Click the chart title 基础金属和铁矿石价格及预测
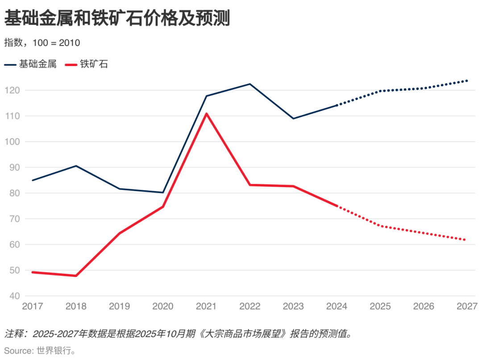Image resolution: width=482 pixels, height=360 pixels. [x=117, y=19]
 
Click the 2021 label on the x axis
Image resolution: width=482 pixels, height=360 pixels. [x=206, y=306]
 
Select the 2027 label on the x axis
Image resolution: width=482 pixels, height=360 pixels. [x=467, y=306]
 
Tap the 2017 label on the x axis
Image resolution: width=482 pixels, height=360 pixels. [x=32, y=306]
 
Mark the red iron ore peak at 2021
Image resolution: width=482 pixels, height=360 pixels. [x=207, y=113]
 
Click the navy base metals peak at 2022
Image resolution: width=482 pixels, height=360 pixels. [x=250, y=84]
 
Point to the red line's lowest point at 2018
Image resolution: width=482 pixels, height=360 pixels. [x=76, y=276]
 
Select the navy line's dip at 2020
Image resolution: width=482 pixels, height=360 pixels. [x=163, y=193]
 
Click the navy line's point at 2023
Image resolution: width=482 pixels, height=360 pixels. [x=293, y=118]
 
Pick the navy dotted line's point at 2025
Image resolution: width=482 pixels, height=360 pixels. [x=380, y=91]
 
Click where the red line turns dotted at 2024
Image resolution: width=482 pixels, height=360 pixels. [x=337, y=206]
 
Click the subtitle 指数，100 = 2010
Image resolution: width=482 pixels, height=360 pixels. [x=42, y=43]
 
